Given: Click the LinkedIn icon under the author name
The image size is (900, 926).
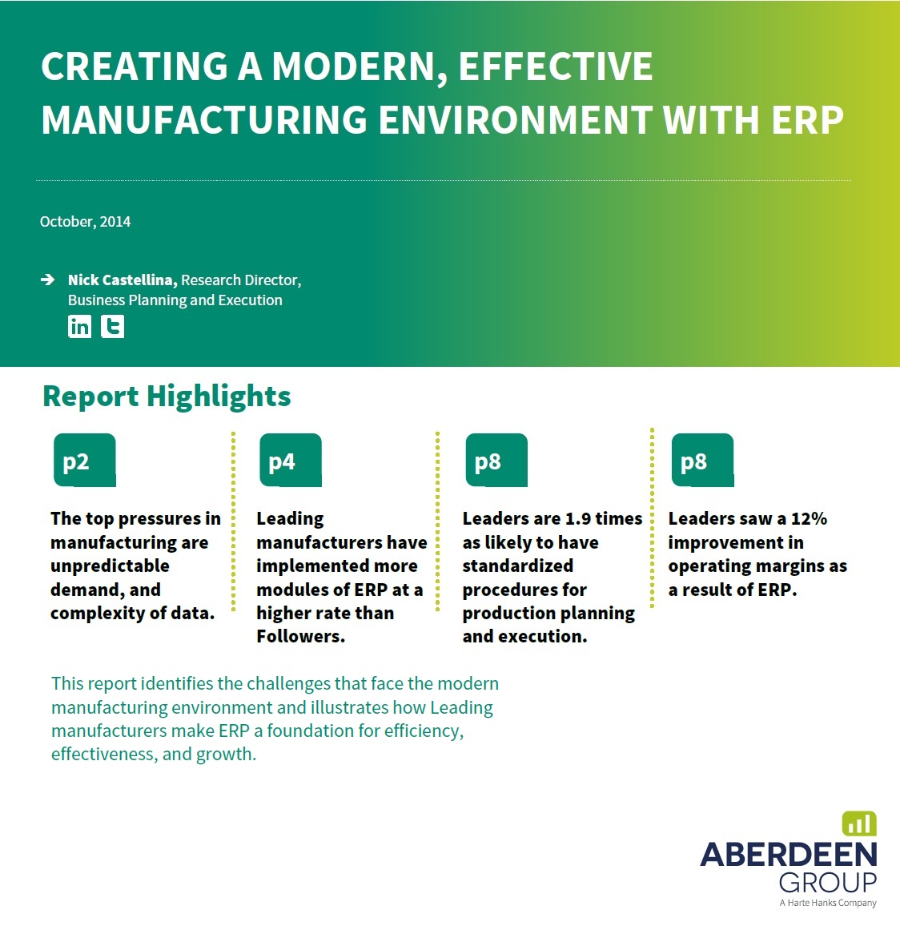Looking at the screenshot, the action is (x=80, y=327).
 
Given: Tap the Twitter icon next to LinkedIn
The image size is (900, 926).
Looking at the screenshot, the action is (x=112, y=327).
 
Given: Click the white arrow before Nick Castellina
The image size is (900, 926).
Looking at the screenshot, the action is (x=48, y=280).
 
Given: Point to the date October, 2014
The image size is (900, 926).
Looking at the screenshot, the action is (x=85, y=222).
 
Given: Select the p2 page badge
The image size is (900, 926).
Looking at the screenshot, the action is (x=84, y=460).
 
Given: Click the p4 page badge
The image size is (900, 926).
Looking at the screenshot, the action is (x=291, y=460).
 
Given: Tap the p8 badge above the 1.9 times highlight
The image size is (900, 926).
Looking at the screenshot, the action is (x=496, y=460).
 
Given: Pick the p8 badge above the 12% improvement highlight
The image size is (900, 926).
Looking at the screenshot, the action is (x=702, y=460).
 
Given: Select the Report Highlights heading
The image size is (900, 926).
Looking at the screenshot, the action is (x=167, y=397).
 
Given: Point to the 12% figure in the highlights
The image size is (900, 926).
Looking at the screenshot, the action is (x=809, y=518).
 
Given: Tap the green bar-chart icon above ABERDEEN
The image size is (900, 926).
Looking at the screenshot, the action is (x=858, y=823).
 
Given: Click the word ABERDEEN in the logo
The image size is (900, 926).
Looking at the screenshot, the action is (x=789, y=855).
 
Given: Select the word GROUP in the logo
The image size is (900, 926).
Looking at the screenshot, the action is (x=828, y=883).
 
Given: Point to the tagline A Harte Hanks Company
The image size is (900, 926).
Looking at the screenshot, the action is (x=828, y=903).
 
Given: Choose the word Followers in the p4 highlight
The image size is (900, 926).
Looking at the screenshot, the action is (x=300, y=637).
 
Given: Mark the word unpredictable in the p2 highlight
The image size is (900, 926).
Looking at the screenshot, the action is (x=110, y=566).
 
